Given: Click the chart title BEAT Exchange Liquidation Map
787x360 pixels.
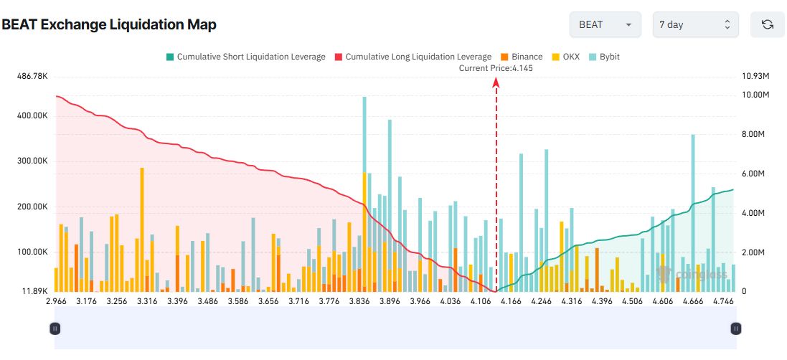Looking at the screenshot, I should (x=109, y=24).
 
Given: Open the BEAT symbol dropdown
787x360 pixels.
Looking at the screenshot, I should (x=605, y=24).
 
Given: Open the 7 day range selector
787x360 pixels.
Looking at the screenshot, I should (x=695, y=24).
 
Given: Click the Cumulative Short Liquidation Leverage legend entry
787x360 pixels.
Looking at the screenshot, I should (x=245, y=57).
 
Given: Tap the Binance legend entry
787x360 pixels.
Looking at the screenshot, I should (x=522, y=57).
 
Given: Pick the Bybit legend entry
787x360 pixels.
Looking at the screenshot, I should (x=605, y=57).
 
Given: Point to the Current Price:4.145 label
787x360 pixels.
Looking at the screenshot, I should (x=496, y=68).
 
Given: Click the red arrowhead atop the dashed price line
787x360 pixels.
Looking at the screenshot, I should (x=496, y=82).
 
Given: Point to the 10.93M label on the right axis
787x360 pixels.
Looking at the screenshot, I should (x=756, y=76).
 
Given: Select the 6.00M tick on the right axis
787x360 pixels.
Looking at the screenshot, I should (x=755, y=174).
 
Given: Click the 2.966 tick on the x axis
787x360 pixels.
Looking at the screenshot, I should (x=56, y=302).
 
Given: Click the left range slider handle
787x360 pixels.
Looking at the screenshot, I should (x=55, y=328).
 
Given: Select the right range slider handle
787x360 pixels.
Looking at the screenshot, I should (x=735, y=328).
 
